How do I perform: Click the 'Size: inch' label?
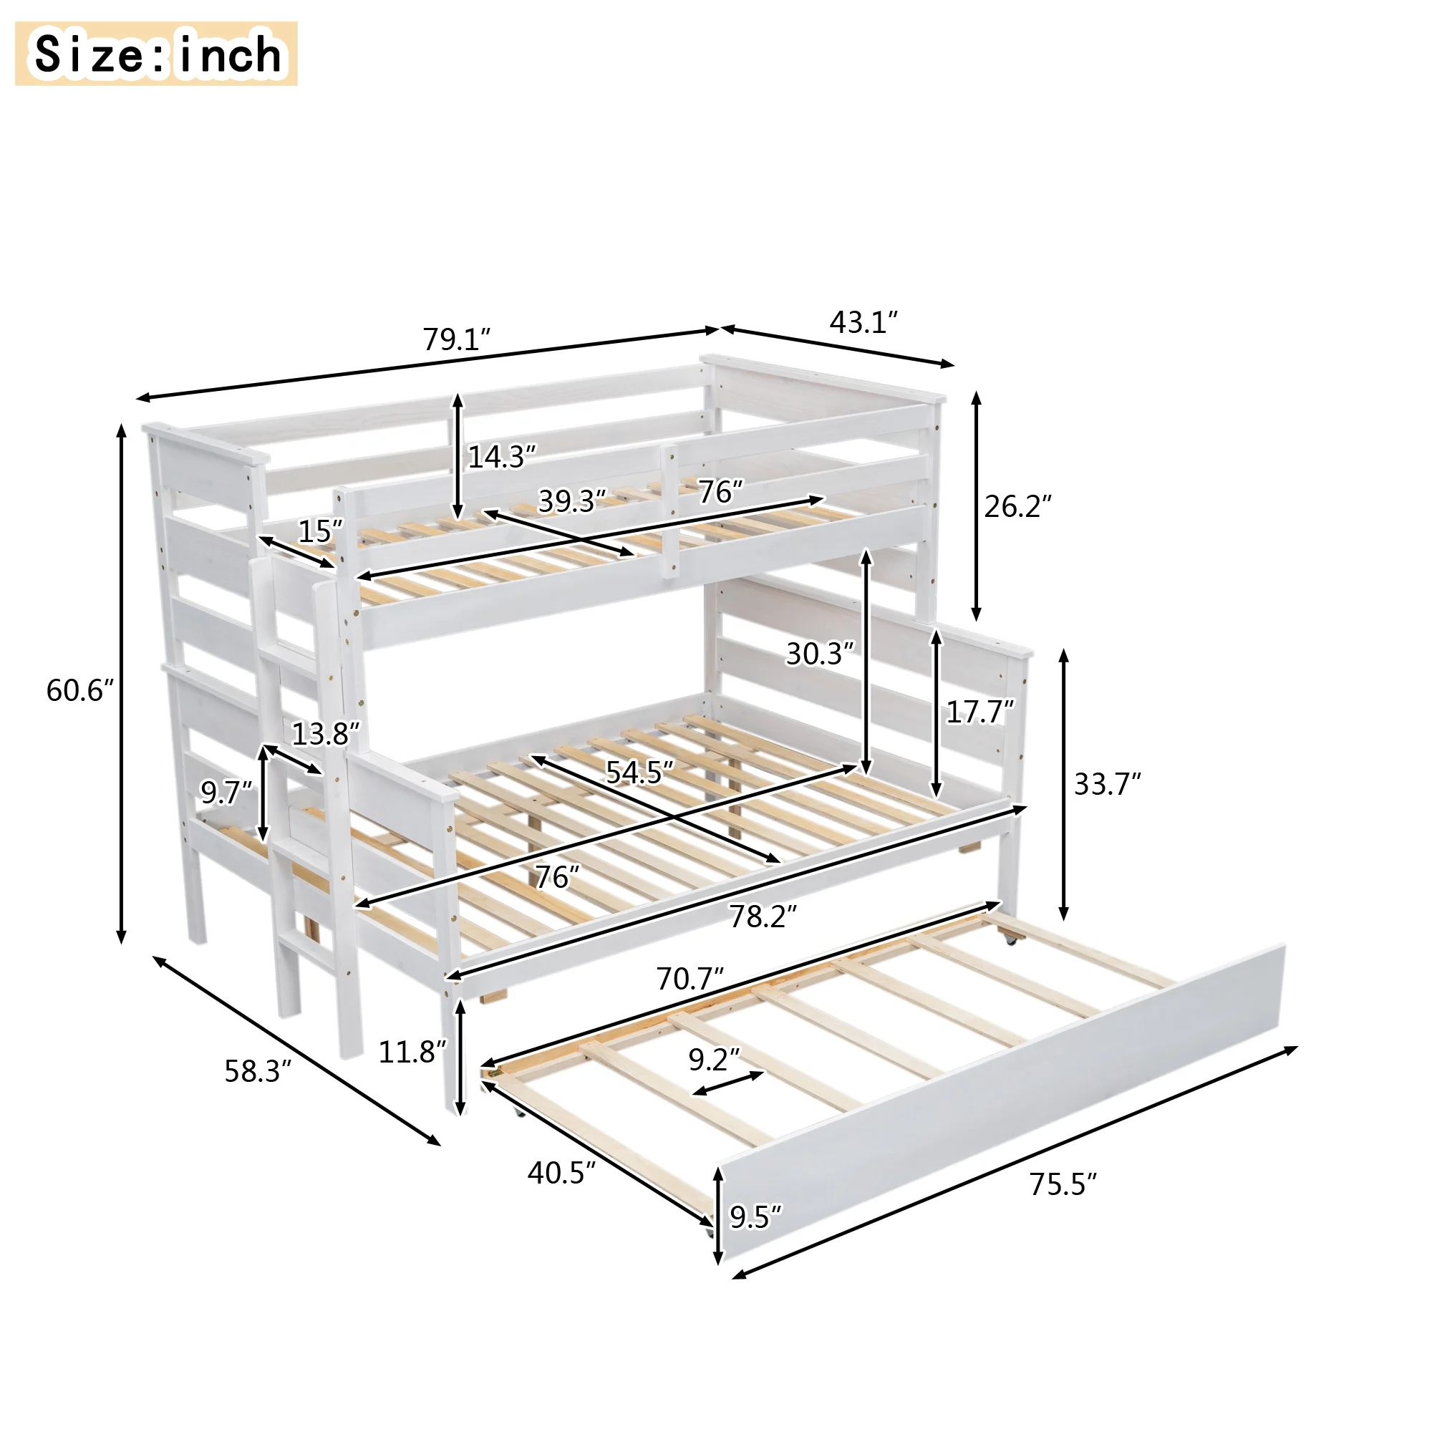156,54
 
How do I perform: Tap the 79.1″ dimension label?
458,339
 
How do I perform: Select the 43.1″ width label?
863,321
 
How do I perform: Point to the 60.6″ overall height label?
80,690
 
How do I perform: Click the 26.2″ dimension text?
1017,506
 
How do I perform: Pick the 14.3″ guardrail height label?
502,457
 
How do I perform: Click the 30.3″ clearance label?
821,653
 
